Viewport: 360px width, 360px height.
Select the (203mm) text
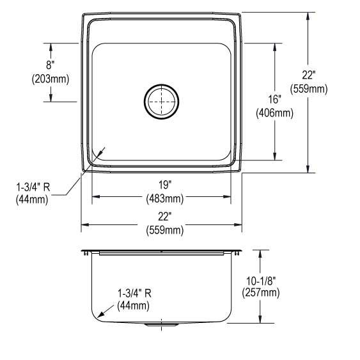(x=51, y=79)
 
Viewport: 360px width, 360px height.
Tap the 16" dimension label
(x=275, y=99)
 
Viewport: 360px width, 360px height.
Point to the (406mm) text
(x=274, y=113)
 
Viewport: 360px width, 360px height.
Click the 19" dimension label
(x=165, y=185)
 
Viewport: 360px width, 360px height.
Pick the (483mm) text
(x=165, y=199)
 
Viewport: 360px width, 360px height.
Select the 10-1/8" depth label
(x=261, y=281)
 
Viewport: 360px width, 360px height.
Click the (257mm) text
(x=261, y=293)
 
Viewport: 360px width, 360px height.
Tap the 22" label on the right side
(x=309, y=75)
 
